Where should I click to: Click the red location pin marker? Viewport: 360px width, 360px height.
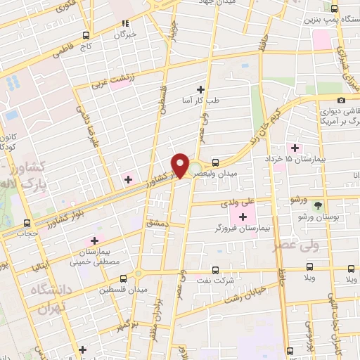tap(181, 164)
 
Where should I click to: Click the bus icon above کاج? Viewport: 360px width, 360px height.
tap(86, 35)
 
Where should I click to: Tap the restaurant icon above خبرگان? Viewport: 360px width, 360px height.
tap(125, 22)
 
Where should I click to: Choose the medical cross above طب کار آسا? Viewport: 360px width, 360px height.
tap(201, 89)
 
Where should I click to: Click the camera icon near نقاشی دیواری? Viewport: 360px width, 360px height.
tap(341, 100)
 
